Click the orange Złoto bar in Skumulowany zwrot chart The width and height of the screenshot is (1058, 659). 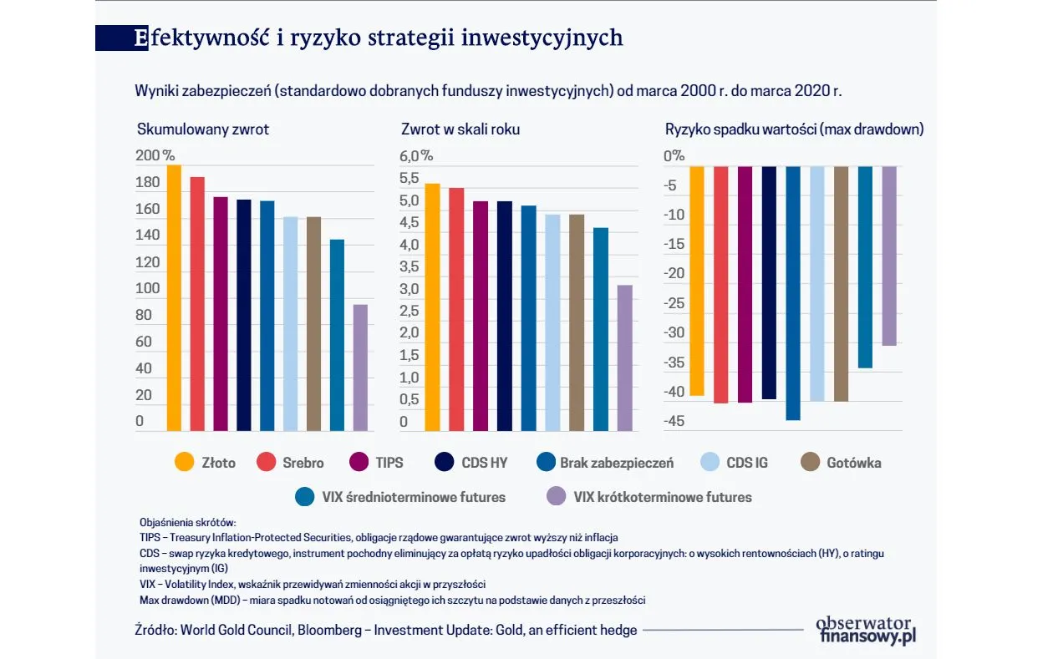point(174,297)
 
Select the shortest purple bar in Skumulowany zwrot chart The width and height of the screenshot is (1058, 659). point(360,368)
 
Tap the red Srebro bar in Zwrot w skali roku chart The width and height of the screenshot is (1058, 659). point(456,309)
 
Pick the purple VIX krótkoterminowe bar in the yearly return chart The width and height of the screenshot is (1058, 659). point(624,357)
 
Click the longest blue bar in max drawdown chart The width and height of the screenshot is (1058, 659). point(793,292)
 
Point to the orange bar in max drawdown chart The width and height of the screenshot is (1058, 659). point(697,281)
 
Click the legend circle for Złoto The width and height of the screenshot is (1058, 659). point(184,463)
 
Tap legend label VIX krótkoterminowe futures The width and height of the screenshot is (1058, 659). point(662,497)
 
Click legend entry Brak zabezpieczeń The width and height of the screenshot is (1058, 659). point(615,463)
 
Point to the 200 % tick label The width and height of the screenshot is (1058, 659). point(155,155)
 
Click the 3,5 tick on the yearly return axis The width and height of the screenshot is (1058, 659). point(409,266)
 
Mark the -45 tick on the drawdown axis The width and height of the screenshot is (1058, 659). point(674,421)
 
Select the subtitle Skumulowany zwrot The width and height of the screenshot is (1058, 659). point(203,129)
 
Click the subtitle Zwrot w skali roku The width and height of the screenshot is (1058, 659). point(460,129)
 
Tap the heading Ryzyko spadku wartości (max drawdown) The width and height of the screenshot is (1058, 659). point(794,129)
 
